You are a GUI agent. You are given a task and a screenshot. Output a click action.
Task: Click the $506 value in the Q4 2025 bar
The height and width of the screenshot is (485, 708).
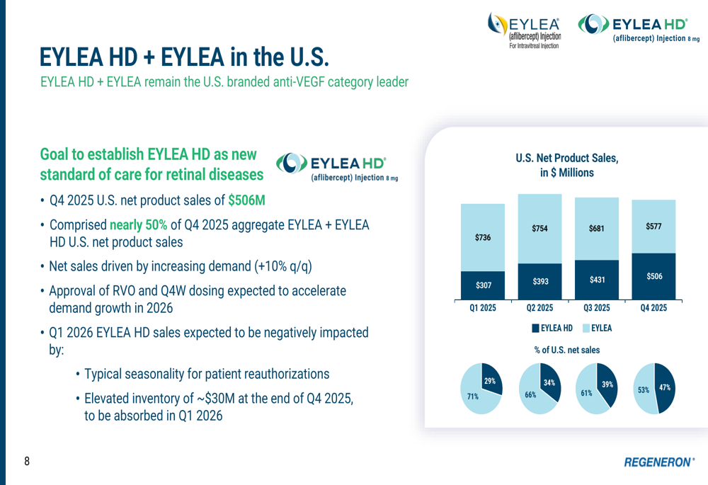pyautogui.click(x=654, y=276)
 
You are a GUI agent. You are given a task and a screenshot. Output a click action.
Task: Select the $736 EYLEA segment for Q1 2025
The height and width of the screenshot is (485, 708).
pyautogui.click(x=482, y=238)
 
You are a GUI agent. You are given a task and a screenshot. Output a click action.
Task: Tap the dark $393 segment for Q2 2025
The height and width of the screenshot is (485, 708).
pyautogui.click(x=539, y=281)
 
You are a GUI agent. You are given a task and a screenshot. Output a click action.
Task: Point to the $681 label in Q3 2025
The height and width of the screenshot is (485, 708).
pyautogui.click(x=597, y=229)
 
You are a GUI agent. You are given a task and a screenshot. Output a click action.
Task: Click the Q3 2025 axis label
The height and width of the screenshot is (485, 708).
pyautogui.click(x=597, y=309)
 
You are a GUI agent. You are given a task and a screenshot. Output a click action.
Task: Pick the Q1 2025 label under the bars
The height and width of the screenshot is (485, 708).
pyautogui.click(x=482, y=309)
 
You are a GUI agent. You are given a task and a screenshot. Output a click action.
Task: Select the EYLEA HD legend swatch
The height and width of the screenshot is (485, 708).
pyautogui.click(x=535, y=329)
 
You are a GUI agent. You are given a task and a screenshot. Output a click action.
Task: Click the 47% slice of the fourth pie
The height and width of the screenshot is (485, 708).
pyautogui.click(x=664, y=387)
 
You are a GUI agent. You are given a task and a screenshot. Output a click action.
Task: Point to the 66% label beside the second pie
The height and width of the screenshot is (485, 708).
pyautogui.click(x=530, y=394)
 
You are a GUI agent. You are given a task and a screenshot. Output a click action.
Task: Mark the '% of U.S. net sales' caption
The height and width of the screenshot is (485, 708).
pyautogui.click(x=566, y=350)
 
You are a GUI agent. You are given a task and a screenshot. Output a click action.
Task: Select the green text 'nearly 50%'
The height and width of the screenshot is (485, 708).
pyautogui.click(x=139, y=225)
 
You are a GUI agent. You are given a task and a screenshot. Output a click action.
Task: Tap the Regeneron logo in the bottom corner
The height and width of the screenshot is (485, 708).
pyautogui.click(x=659, y=462)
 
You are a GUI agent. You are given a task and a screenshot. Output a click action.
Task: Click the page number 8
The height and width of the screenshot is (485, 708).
pyautogui.click(x=27, y=462)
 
